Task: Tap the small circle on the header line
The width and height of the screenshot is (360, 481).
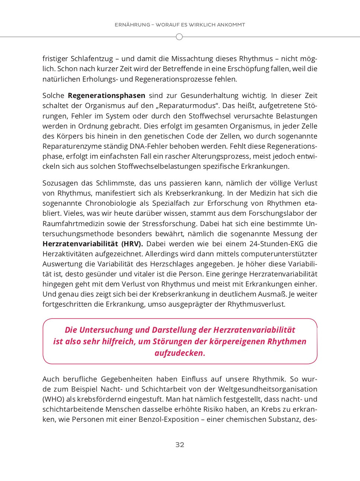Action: [x=179, y=37]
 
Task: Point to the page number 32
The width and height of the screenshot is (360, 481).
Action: [x=180, y=444]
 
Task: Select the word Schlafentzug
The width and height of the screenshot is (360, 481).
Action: [x=92, y=59]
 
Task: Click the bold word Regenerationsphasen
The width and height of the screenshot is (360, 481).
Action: [x=106, y=96]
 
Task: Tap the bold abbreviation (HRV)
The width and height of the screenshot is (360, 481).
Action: [x=132, y=244]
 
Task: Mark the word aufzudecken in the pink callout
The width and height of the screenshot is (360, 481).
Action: [x=180, y=353]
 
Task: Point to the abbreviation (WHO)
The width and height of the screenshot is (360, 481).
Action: [x=53, y=399]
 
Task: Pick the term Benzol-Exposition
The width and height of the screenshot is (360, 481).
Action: [x=169, y=420]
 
